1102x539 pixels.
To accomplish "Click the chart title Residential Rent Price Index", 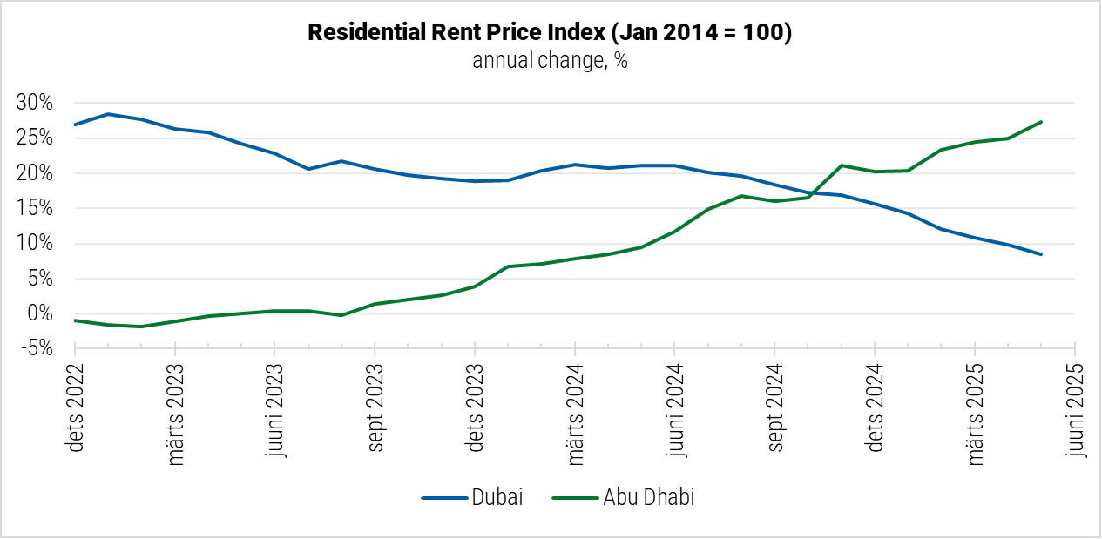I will [x=550, y=34].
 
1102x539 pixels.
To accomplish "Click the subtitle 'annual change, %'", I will [x=550, y=61].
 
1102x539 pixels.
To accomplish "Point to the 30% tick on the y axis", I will [x=35, y=104].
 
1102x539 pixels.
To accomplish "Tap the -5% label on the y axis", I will [x=35, y=349].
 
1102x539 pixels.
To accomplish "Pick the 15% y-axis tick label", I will [x=35, y=209].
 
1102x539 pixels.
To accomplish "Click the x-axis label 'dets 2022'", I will [x=76, y=409].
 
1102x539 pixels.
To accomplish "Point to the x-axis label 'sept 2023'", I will [x=375, y=409].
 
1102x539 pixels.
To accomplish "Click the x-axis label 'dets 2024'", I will [x=876, y=409].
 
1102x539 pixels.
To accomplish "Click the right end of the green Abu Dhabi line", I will [x=1042, y=122].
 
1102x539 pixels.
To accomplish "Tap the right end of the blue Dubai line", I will [x=1042, y=254].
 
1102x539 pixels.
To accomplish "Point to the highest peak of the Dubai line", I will [x=108, y=114].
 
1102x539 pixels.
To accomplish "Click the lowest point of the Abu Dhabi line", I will [x=141, y=327].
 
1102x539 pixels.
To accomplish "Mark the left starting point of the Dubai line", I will [x=76, y=125].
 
